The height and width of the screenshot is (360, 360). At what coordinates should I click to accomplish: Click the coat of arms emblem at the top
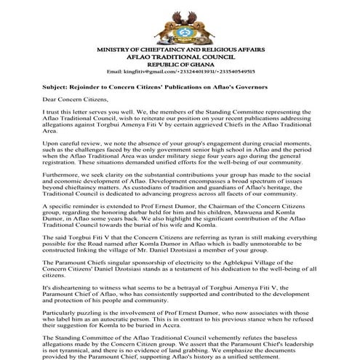point(180,23)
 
